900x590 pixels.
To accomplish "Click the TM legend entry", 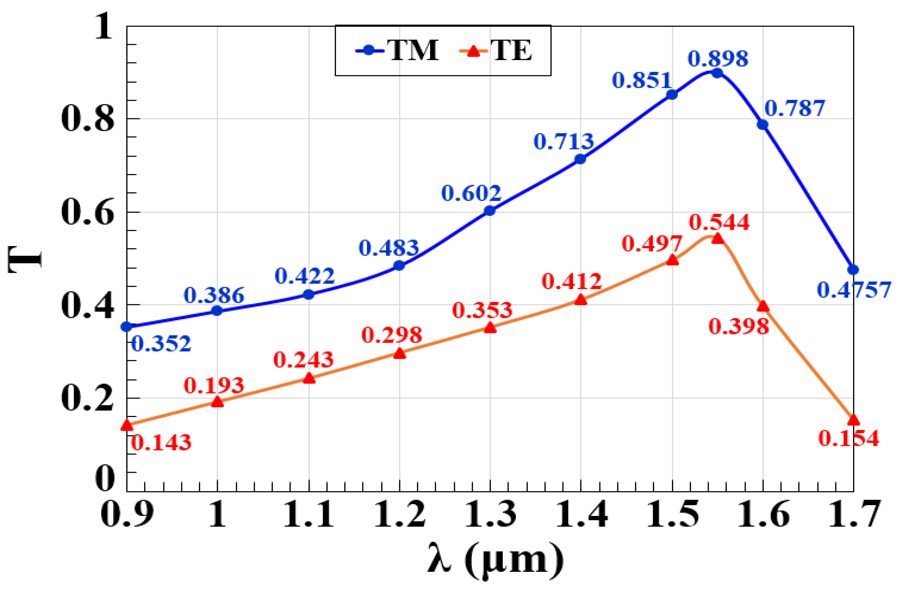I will point(397,50).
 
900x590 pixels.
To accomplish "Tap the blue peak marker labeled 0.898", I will point(717,73).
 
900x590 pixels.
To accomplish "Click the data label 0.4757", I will point(854,290).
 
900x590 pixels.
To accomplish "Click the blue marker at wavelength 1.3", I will point(490,211).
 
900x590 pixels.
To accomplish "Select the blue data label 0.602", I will point(471,193).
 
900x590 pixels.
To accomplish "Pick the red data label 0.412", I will point(572,281).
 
